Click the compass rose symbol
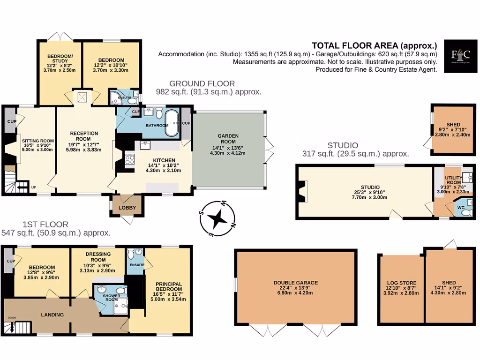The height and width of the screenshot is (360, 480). [x=218, y=218]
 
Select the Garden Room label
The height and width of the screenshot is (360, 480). [x=228, y=136]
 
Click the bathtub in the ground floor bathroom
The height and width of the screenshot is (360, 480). [x=172, y=124]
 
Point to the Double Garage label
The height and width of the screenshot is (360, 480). [x=296, y=283]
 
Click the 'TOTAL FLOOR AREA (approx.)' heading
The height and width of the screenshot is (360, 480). [x=374, y=45]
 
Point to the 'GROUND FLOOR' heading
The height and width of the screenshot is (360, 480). [x=202, y=83]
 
